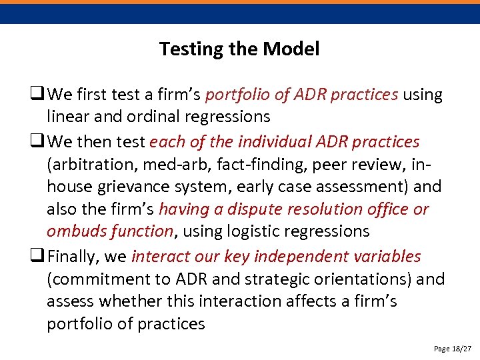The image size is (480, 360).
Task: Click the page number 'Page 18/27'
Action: tap(452, 349)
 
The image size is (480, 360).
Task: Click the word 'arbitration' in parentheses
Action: tap(86, 163)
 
